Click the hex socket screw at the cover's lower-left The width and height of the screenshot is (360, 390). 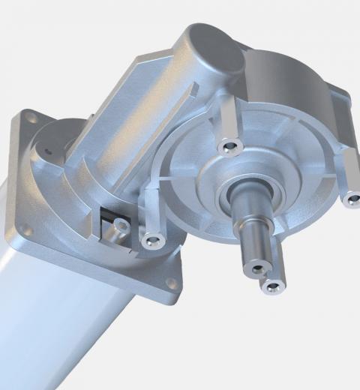152,241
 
